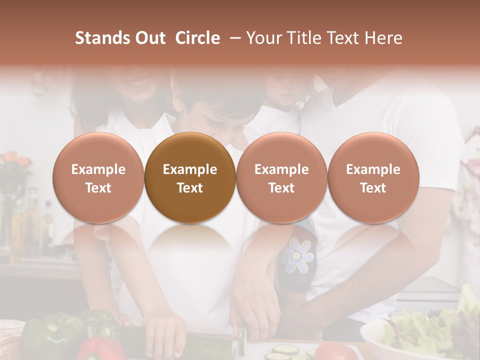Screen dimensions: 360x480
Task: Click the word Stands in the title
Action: [102, 38]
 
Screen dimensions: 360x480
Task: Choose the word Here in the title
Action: [383, 38]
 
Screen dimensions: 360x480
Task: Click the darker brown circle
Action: [190, 177]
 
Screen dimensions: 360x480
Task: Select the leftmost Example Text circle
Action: [98, 177]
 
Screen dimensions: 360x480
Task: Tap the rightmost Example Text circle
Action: [373, 177]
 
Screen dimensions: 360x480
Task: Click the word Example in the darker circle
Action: [190, 169]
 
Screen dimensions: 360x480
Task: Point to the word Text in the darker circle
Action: [190, 188]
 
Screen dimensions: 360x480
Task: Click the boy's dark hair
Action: [220, 100]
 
